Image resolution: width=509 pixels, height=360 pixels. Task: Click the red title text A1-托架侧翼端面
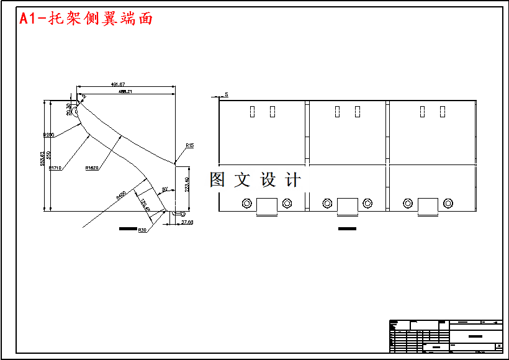(86, 19)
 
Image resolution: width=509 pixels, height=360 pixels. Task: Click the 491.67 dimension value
(118, 84)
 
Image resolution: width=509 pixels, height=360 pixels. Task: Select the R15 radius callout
(189, 145)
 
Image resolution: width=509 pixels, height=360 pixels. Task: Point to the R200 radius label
(48, 135)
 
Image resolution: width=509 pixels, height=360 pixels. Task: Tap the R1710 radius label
(55, 168)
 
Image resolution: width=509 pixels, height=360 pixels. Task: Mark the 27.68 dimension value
(187, 222)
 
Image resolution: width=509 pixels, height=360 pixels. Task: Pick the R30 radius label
(142, 230)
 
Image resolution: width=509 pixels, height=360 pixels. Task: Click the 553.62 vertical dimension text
(43, 159)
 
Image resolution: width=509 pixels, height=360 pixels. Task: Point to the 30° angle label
(164, 189)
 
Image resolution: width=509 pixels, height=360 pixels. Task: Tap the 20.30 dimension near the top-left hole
(69, 109)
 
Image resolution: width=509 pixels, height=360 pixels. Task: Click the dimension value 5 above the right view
(227, 94)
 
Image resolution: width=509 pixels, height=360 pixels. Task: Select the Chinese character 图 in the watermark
(217, 180)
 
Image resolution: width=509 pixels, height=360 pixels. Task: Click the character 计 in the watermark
(293, 180)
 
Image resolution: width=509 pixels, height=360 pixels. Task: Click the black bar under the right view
(348, 229)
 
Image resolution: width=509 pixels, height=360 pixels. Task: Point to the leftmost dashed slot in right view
(253, 112)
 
